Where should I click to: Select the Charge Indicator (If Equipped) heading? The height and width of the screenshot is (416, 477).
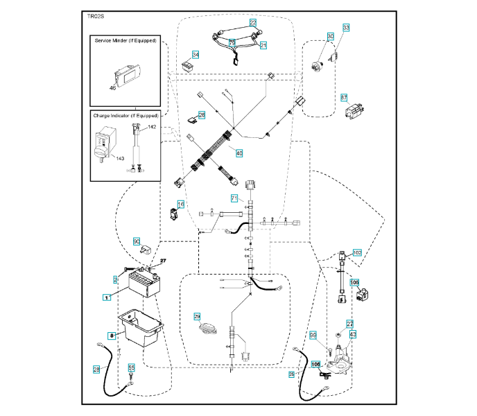[126, 115]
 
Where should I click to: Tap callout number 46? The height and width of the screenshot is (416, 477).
[113, 88]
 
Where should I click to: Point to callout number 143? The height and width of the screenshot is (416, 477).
[120, 158]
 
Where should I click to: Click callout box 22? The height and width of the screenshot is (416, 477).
[253, 23]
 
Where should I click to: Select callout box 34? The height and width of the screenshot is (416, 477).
[196, 55]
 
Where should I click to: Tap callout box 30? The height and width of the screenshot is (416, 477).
[330, 36]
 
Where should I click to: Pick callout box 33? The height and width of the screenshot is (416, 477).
[346, 27]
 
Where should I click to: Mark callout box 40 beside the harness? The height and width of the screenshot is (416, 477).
[239, 153]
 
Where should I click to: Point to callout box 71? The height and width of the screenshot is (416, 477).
[234, 199]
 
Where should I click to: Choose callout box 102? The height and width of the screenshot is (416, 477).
[357, 253]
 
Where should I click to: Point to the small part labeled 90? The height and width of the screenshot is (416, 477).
[146, 249]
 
